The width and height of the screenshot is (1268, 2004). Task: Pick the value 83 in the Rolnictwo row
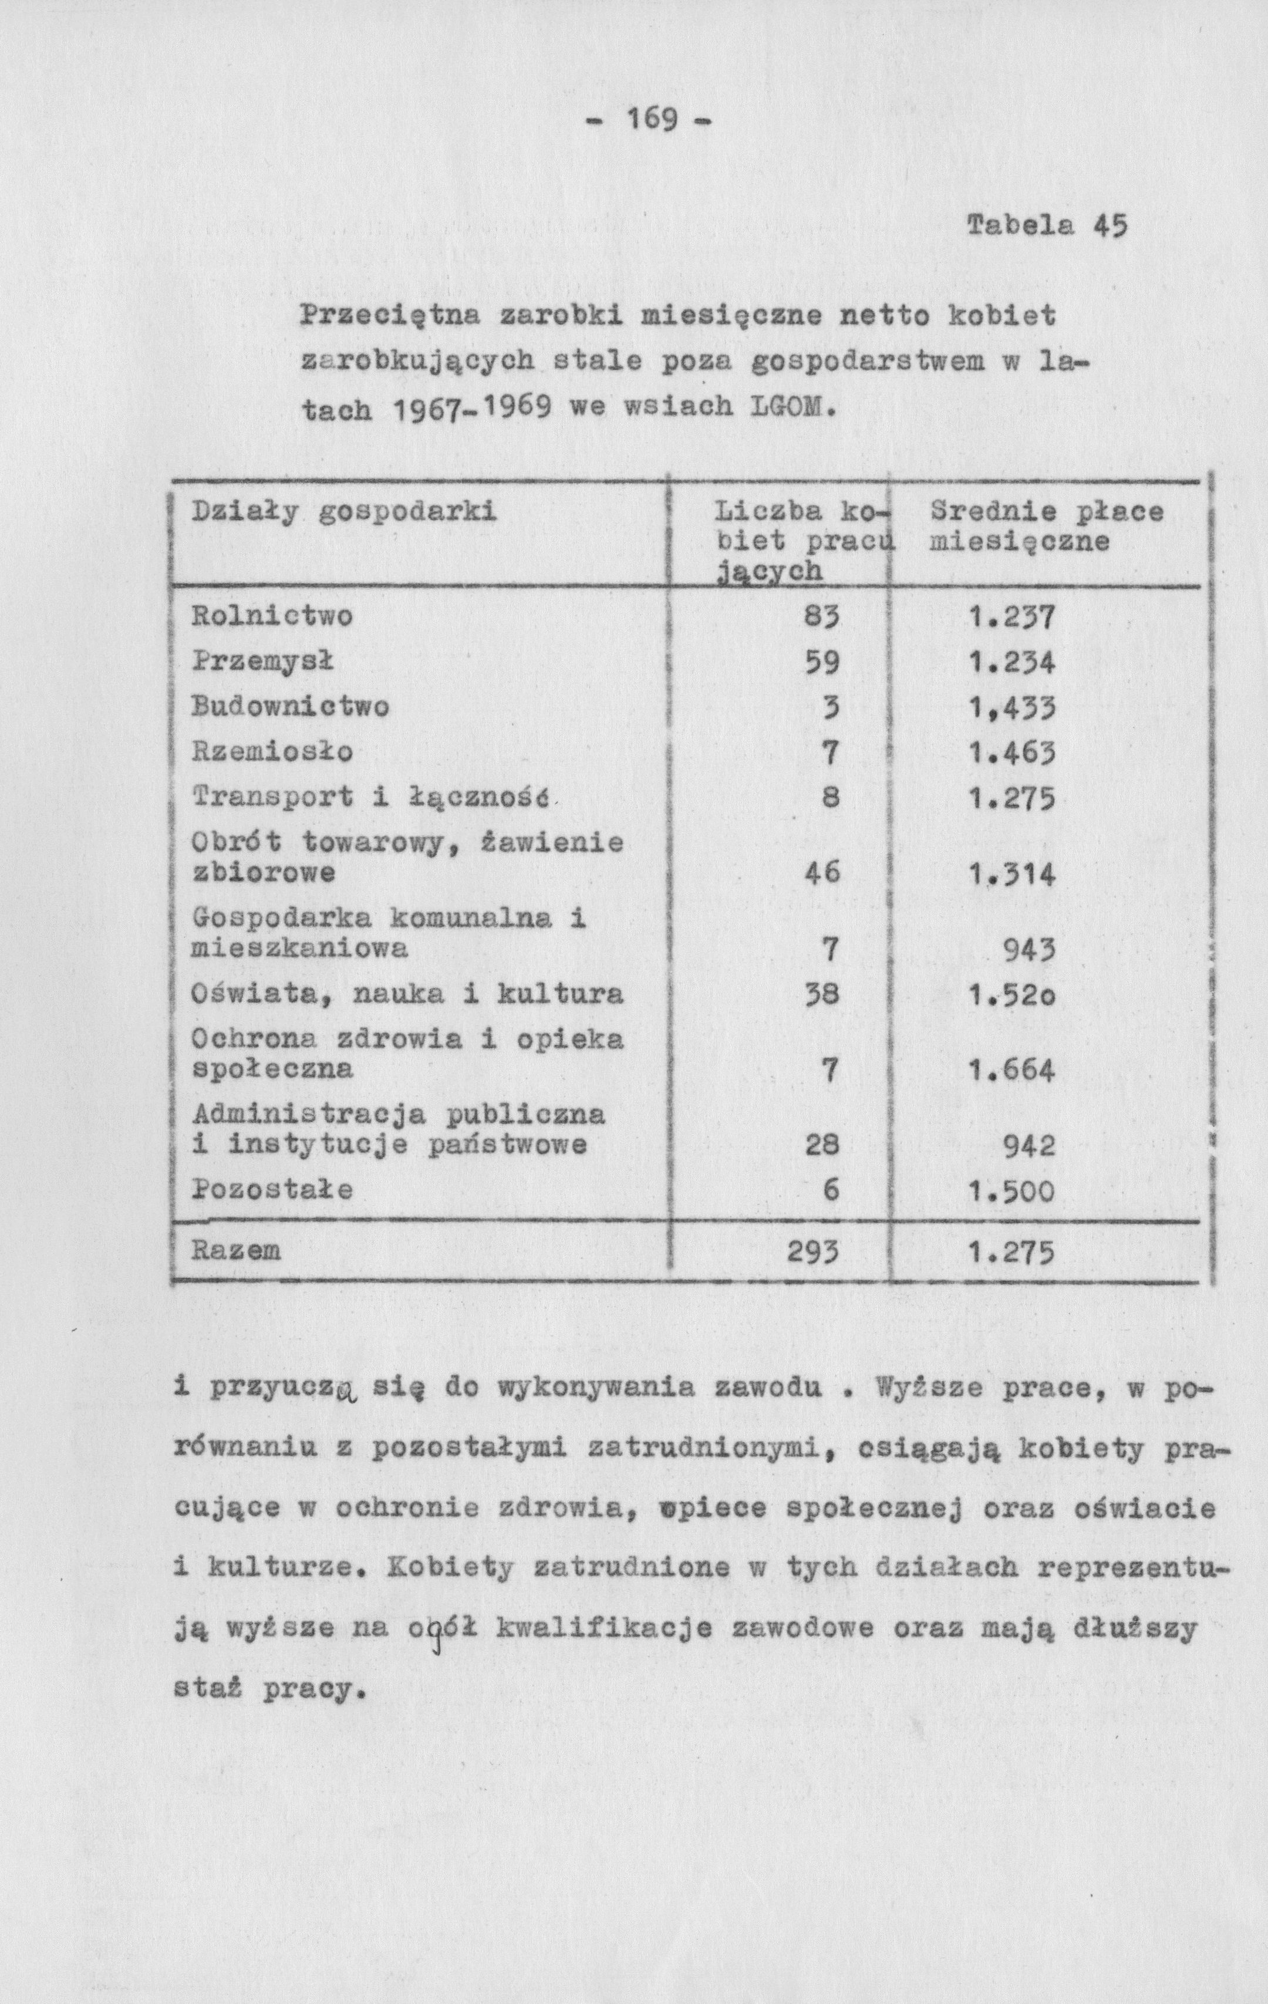(x=822, y=618)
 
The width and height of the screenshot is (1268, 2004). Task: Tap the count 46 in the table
(x=822, y=873)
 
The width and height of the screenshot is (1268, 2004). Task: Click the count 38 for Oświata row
(x=822, y=994)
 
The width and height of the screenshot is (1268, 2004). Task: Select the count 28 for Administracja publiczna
(x=822, y=1146)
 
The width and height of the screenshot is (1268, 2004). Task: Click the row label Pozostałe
(x=272, y=1189)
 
